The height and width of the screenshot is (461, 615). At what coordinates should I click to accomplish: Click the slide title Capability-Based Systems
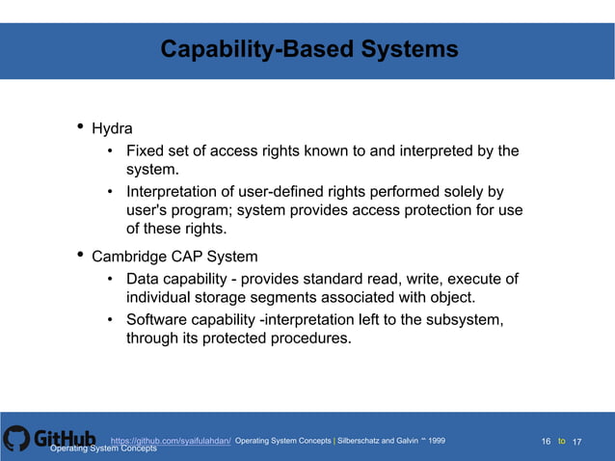308,49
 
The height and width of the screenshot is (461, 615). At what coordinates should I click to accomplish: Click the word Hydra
112,128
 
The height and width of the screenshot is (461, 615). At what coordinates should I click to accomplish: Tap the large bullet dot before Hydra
79,126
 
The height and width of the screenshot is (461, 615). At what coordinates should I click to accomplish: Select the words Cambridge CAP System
174,257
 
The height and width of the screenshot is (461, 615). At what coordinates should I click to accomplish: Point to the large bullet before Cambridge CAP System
79,255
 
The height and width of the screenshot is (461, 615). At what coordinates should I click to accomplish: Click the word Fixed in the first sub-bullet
147,150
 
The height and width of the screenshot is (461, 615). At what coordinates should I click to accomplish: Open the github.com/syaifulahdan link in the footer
171,440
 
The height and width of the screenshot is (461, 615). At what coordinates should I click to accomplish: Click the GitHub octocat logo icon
16,439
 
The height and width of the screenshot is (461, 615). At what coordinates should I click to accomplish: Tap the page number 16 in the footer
546,441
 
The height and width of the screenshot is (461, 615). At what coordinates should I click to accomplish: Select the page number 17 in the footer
577,441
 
